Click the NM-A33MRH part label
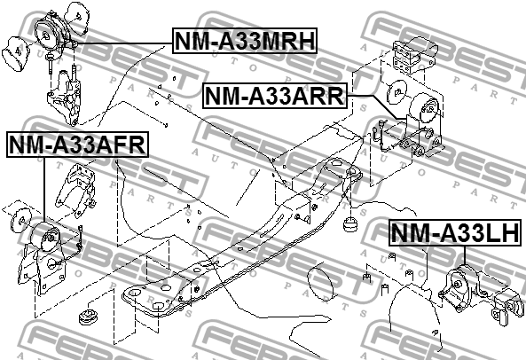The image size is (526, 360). click(245, 41)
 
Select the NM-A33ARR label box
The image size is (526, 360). click(274, 96)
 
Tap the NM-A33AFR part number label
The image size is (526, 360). click(77, 145)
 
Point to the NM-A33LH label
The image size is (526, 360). click(456, 232)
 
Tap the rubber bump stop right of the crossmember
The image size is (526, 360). click(350, 224)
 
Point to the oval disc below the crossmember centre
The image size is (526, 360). click(321, 281)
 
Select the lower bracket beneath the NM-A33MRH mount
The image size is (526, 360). click(65, 98)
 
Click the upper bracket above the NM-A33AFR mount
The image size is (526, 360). click(75, 190)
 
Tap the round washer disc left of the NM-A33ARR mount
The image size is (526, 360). click(396, 91)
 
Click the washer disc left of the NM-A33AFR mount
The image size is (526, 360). click(21, 220)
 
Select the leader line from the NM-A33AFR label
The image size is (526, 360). click(44, 190)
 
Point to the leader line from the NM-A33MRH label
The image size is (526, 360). click(122, 44)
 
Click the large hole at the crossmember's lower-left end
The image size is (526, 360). click(134, 293)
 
